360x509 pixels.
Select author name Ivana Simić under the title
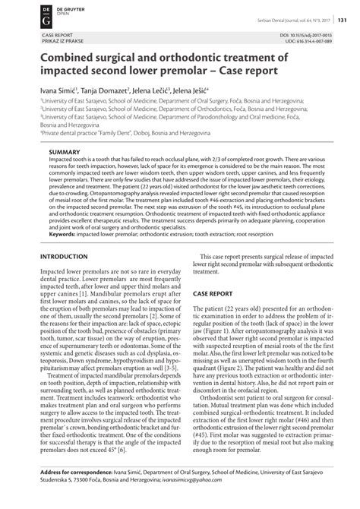[x=46, y=90]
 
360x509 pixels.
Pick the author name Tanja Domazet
[x=99, y=90]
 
